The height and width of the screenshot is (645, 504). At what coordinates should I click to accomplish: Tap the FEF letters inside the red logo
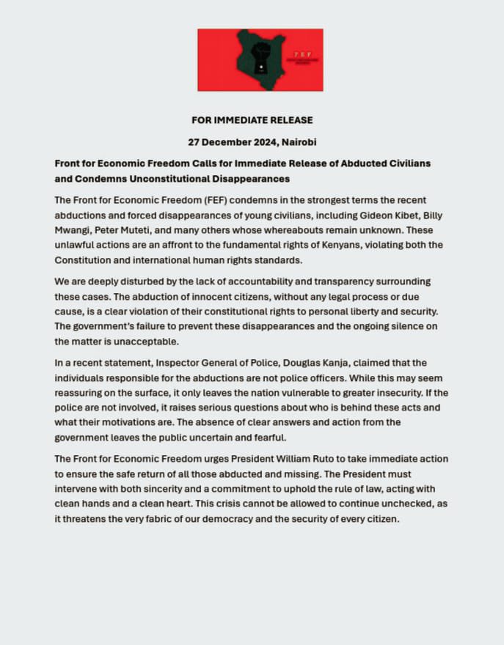click(301, 55)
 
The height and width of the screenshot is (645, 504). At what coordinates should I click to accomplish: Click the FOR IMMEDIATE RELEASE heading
click(252, 120)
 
